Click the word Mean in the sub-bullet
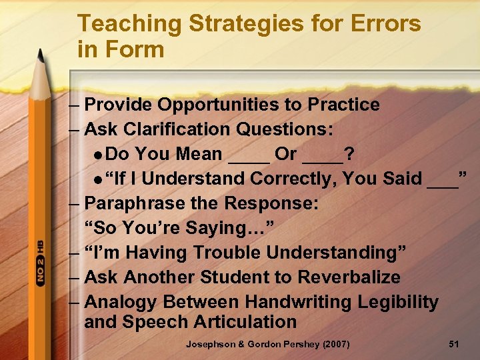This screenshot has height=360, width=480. click(199, 154)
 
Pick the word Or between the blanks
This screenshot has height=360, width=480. click(286, 154)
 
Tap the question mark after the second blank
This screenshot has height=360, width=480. click(349, 154)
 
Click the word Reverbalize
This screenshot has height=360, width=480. click(340, 277)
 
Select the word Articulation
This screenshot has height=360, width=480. click(244, 322)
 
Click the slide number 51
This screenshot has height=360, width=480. click(454, 344)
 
